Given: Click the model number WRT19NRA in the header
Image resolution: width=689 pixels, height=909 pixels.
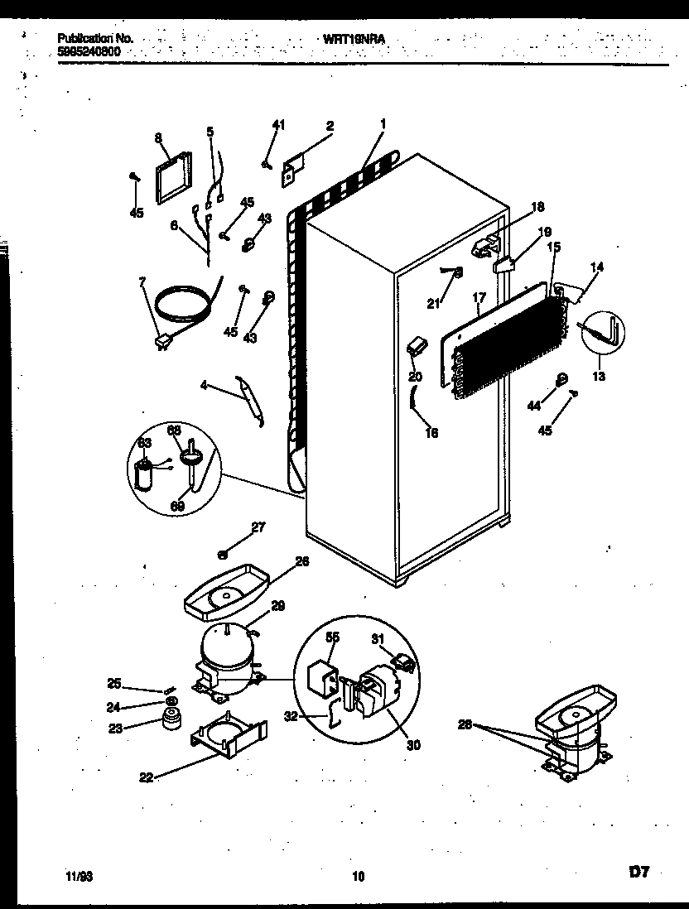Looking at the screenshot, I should click(355, 38).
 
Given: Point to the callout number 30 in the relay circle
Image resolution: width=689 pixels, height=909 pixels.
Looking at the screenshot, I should click(413, 744).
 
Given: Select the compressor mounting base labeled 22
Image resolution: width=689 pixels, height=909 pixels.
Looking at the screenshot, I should click(230, 735).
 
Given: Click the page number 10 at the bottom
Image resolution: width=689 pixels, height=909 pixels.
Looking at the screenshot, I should click(358, 875).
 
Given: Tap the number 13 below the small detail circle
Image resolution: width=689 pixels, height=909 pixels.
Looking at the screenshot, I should click(598, 377).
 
